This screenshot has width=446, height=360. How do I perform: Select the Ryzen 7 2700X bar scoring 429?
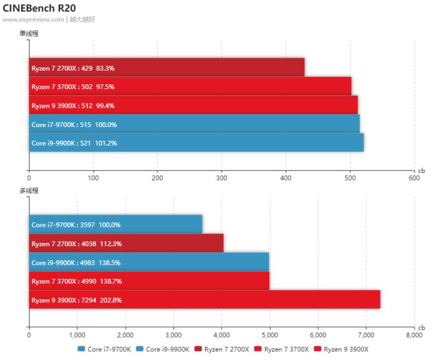[x=167, y=68]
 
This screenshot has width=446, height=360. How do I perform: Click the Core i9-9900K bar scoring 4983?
[x=149, y=262]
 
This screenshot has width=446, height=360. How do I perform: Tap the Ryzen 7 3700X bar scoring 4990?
[x=149, y=281]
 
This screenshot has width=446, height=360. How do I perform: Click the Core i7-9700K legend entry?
[x=104, y=349]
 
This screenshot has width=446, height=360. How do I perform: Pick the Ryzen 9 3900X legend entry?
[x=341, y=349]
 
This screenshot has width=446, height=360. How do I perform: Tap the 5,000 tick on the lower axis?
[x=269, y=335]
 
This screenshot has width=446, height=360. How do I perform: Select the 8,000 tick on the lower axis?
[x=414, y=335]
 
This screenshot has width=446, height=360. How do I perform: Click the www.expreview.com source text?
[x=33, y=19]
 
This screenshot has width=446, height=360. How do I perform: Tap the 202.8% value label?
[x=109, y=300]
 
